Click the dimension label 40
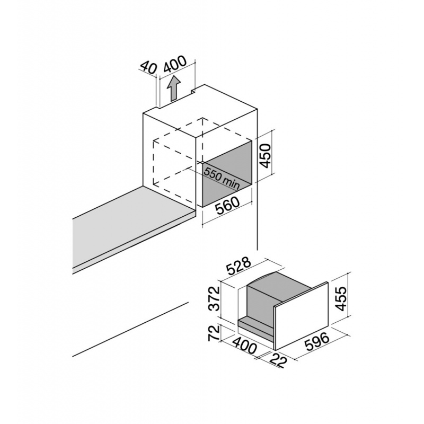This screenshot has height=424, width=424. pyautogui.click(x=148, y=67)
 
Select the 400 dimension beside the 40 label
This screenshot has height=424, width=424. pyautogui.click(x=175, y=64)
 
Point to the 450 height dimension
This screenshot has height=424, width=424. pyautogui.click(x=264, y=156)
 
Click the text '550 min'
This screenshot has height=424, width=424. pyautogui.click(x=222, y=178)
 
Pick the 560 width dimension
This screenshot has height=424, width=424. pyautogui.click(x=227, y=206)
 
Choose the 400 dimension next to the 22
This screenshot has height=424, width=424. pyautogui.click(x=244, y=345)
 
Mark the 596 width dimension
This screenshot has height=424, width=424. pyautogui.click(x=316, y=342)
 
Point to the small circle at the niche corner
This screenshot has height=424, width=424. pyautogui.click(x=202, y=163)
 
